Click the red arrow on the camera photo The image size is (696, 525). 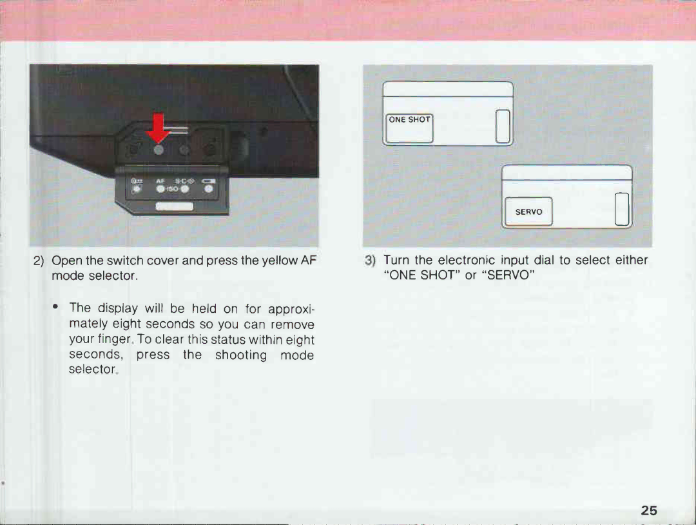158,128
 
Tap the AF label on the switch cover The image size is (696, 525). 160,181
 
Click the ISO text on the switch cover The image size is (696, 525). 173,189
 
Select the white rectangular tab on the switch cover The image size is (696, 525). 175,206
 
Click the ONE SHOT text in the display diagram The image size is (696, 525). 409,119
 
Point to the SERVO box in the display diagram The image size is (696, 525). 528,212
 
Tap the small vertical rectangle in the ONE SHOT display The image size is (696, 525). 503,126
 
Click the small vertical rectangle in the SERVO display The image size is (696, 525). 622,209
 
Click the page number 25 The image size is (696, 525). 648,510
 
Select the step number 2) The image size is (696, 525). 39,261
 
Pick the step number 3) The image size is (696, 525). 370,261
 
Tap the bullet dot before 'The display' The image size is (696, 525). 55,306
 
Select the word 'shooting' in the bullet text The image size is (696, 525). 241,355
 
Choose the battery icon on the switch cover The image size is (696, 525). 209,181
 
